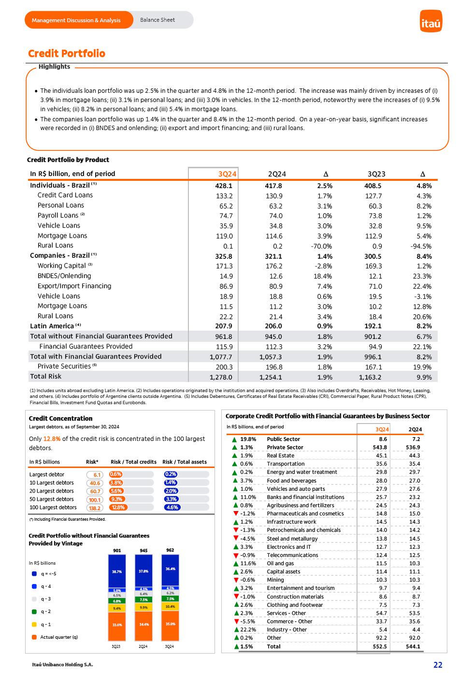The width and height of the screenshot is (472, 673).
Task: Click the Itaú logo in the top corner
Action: pyautogui.click(x=431, y=21)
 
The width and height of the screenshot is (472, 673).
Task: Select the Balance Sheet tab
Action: pyautogui.click(x=157, y=20)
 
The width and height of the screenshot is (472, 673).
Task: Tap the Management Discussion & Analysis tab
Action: pyautogui.click(x=76, y=20)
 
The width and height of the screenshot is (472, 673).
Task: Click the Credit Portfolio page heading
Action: pyautogui.click(x=67, y=54)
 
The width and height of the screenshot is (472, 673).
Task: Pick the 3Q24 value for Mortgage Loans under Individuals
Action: pyautogui.click(x=224, y=236)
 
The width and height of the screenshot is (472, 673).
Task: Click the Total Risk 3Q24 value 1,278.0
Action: pyautogui.click(x=221, y=377)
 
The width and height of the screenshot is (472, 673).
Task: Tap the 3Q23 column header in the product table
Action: pyautogui.click(x=376, y=174)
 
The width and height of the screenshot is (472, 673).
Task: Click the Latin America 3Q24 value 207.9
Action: pyautogui.click(x=224, y=326)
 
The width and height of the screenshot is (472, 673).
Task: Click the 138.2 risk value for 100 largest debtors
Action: pyautogui.click(x=95, y=508)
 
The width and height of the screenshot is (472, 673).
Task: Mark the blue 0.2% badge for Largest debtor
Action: pyautogui.click(x=171, y=475)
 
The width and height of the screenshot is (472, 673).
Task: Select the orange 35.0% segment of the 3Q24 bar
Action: pyautogui.click(x=170, y=624)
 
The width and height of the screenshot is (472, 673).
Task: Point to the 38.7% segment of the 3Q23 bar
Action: pyautogui.click(x=116, y=571)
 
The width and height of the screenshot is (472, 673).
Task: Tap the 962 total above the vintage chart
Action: pyautogui.click(x=170, y=550)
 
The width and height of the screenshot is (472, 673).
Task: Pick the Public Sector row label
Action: pyautogui.click(x=283, y=439)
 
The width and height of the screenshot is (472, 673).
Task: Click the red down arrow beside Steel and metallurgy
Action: pyautogui.click(x=236, y=539)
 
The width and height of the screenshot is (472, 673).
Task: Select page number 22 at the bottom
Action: pyautogui.click(x=438, y=665)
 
